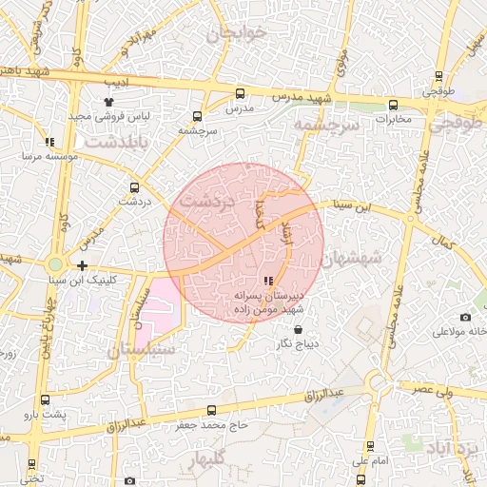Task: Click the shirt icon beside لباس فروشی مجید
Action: pos(107,101)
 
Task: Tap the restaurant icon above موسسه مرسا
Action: pos(49,143)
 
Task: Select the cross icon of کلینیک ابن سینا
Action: pos(83,266)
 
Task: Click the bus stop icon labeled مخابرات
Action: pos(392,106)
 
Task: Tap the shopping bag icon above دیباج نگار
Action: pos(298,329)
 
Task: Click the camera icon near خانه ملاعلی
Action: pos(465,317)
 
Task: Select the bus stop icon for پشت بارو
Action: pos(47,399)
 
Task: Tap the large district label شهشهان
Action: pos(351,257)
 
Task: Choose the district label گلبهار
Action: pos(209,462)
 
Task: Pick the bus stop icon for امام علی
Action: pos(369,446)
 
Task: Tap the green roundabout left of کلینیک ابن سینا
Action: pos(56,264)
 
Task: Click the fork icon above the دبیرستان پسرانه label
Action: pos(269,281)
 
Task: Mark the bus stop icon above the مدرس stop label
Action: pos(239,93)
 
